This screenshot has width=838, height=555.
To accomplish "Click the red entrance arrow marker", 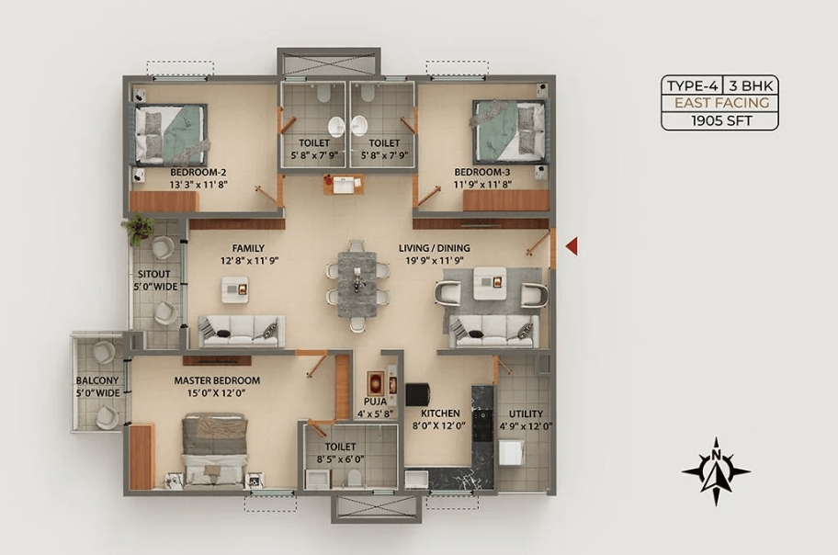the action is [x=572, y=246].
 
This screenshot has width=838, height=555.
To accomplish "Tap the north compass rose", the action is [x=716, y=471].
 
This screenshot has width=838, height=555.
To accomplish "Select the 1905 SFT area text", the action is [x=721, y=121].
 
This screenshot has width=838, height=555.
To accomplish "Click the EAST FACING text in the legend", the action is [x=721, y=103].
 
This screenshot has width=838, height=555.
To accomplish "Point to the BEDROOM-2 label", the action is [x=198, y=172].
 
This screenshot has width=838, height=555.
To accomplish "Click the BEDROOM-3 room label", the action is [x=482, y=172].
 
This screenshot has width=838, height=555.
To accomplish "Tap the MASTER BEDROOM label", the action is [x=217, y=380].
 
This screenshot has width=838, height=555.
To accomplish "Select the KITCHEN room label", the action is [x=440, y=413].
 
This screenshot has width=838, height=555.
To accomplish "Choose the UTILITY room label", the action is [x=526, y=413].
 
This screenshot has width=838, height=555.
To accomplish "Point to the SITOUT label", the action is [x=154, y=274].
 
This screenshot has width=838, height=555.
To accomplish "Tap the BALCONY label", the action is [x=97, y=380].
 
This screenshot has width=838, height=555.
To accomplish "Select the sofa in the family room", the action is [x=242, y=331].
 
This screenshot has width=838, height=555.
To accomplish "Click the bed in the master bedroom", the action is [x=215, y=452].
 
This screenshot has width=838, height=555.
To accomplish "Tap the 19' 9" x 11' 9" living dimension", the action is [x=434, y=261].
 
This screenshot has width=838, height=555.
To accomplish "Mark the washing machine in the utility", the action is [x=512, y=452].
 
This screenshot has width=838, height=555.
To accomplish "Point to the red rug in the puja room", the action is [x=376, y=384].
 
